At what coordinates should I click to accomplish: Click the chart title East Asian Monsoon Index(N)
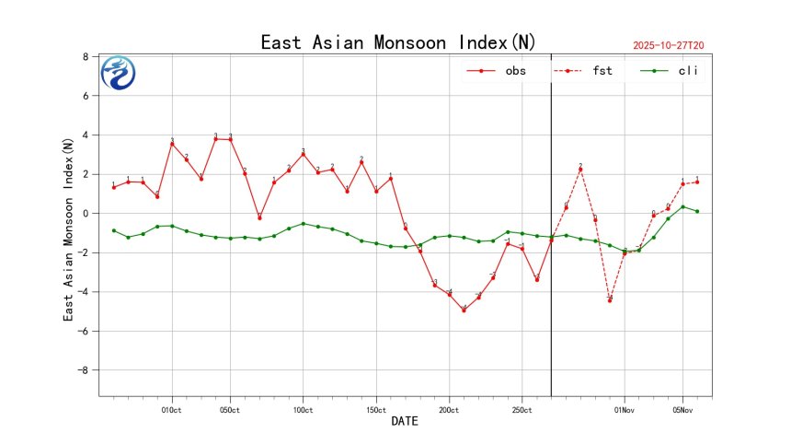[398, 42]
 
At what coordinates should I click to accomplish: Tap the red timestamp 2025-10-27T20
[674, 44]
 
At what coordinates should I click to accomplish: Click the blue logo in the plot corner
[118, 73]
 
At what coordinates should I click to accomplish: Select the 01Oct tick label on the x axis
[171, 410]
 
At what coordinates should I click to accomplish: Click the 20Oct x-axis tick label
[449, 410]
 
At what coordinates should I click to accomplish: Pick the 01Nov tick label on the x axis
[624, 410]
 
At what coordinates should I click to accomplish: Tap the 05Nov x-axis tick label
[682, 410]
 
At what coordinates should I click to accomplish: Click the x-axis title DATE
[405, 422]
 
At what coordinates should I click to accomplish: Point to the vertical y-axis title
[68, 229]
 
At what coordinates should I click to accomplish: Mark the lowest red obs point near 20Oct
[464, 310]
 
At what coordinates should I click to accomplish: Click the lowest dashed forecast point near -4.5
[610, 300]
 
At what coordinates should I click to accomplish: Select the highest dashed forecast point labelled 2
[580, 170]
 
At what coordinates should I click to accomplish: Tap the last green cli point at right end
[697, 211]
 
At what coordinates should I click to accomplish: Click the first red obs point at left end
[113, 187]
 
